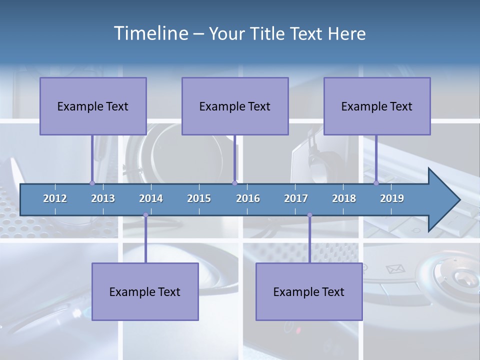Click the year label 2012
point(55,198)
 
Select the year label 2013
point(103,198)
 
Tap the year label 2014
point(151,198)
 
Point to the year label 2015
point(199,198)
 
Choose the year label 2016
point(248,198)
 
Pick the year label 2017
point(296,198)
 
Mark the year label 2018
point(344,198)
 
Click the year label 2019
point(392,198)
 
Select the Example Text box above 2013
point(93,106)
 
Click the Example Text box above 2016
point(235,106)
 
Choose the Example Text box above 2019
point(377,106)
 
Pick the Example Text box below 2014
point(145,291)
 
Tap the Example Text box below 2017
point(309,291)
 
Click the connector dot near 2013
point(92,183)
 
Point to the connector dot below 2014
point(145,215)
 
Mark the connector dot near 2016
point(234,183)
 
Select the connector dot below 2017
point(309,215)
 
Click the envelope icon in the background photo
point(395,269)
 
